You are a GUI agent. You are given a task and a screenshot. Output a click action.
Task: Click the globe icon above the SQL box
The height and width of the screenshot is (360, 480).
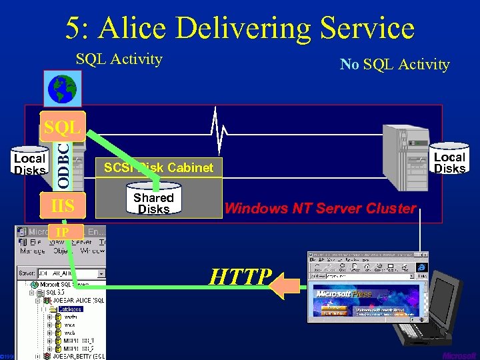[x=62, y=89]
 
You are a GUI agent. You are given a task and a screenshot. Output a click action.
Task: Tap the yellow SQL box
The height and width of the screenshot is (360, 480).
[x=62, y=126]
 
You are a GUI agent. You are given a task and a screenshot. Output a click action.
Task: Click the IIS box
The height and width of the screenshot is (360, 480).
[x=63, y=205]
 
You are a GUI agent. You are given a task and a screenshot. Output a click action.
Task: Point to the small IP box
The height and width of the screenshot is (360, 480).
[x=62, y=232]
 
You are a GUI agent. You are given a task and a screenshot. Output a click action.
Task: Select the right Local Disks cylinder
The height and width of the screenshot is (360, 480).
[x=449, y=161]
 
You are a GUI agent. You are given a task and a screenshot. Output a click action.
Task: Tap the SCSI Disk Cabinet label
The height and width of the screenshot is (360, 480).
[x=159, y=167]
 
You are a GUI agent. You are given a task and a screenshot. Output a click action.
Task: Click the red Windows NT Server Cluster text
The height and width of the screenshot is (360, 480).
[x=320, y=208]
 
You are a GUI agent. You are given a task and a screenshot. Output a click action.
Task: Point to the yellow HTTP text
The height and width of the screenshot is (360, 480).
[x=241, y=277]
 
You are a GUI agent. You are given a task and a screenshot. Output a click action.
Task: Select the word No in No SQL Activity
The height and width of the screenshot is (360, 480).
[x=349, y=65]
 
